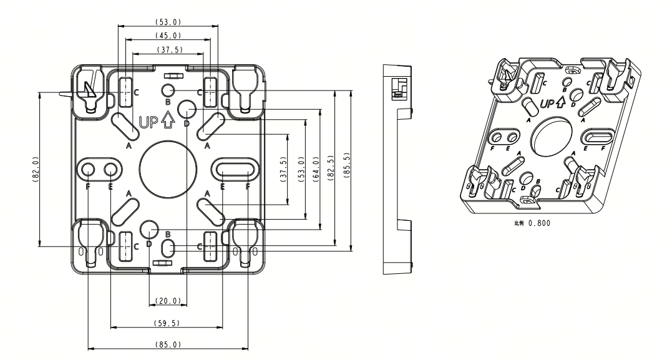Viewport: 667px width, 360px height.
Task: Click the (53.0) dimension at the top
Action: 168,22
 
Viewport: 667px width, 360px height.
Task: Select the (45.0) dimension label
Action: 168,36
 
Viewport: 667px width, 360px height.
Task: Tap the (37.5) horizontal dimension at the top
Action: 168,50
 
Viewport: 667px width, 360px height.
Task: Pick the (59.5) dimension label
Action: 167,323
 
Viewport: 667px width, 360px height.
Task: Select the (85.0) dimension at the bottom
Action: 168,344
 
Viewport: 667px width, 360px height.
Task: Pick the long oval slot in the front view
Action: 235,168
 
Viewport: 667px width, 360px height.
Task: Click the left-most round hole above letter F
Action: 87,168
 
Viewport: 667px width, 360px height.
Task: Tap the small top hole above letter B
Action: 167,89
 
